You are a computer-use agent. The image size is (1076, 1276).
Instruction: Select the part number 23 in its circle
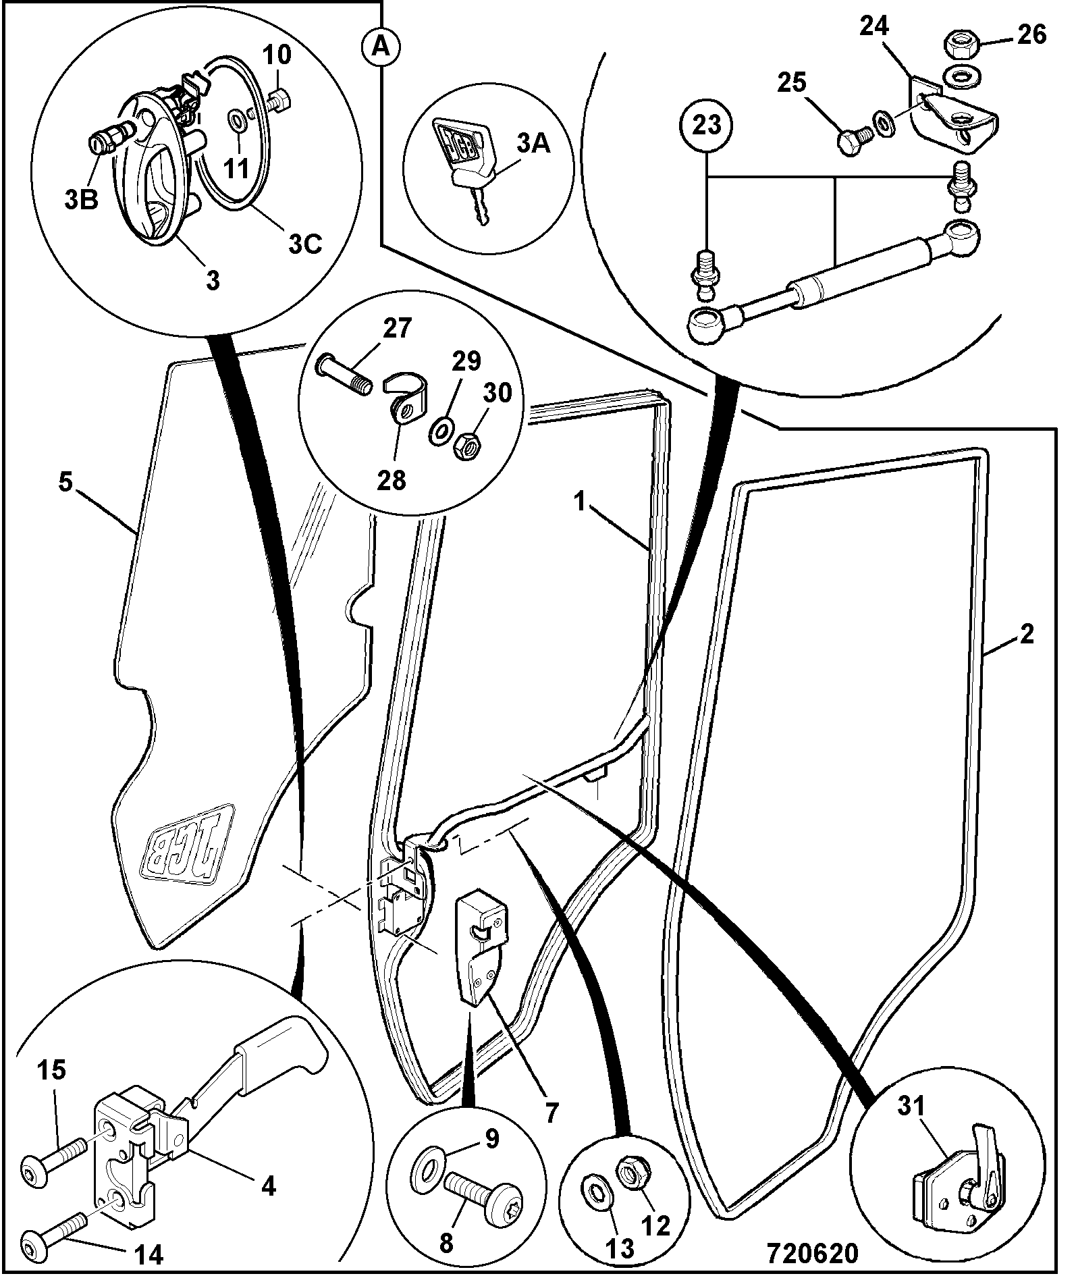[707, 125]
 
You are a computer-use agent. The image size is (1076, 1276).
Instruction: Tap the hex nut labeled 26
[961, 46]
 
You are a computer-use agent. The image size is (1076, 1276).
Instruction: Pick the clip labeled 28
[408, 401]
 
